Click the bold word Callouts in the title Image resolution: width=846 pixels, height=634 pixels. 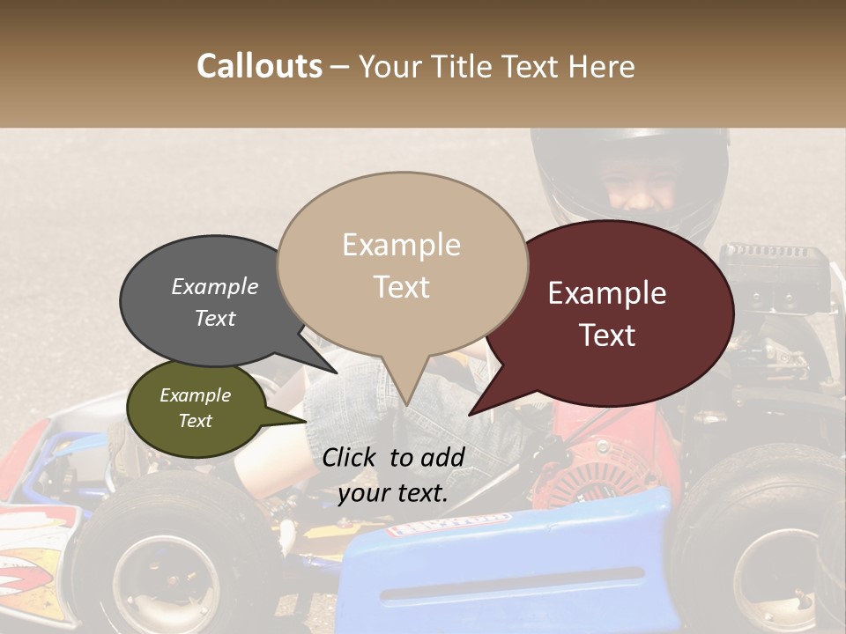coord(259,66)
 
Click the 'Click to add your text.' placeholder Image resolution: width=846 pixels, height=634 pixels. coord(393,475)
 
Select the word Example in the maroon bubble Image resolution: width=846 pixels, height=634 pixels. coord(607,293)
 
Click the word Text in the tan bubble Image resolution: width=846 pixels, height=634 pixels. coord(402,287)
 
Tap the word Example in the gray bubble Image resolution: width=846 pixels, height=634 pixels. coord(214,286)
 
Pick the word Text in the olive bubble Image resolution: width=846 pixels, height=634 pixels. coord(196,421)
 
